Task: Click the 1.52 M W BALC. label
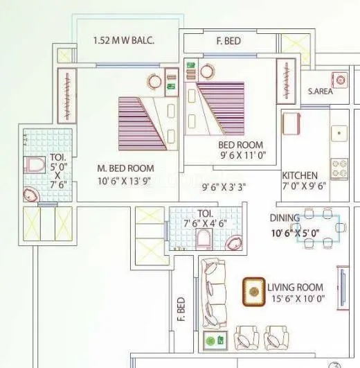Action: [x=124, y=40]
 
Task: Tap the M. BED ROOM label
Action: [x=125, y=168]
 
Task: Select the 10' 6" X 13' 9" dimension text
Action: [x=126, y=182]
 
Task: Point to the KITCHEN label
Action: [x=300, y=176]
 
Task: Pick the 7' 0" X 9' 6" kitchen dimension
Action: [x=305, y=186]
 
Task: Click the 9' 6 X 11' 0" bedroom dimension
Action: [x=242, y=155]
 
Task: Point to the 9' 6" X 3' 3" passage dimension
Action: [x=224, y=186]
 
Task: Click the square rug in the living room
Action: [x=253, y=292]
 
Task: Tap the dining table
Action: [x=318, y=227]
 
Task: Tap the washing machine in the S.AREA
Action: [x=339, y=79]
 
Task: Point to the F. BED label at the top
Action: [x=228, y=42]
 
